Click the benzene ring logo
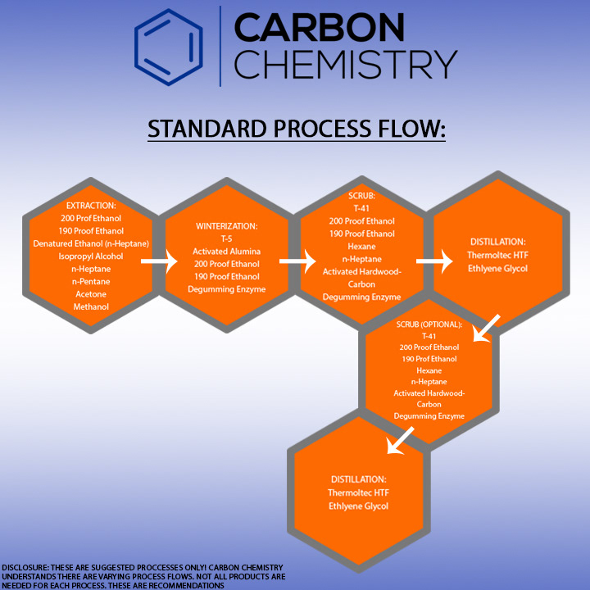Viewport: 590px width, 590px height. (x=169, y=48)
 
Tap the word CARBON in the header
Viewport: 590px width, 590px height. (x=319, y=27)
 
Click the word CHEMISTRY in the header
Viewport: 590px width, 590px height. (x=346, y=65)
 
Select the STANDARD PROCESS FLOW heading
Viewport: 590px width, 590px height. (x=297, y=129)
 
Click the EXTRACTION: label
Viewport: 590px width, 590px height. (x=91, y=206)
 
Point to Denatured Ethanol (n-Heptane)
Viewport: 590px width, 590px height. (x=91, y=243)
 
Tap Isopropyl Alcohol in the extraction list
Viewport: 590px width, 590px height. (x=91, y=256)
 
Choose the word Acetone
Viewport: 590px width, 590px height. (x=91, y=294)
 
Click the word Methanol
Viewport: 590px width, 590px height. (x=91, y=306)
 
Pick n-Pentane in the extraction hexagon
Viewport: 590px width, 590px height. (x=91, y=281)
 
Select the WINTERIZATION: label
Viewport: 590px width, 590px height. (x=226, y=226)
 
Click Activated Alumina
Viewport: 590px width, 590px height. (x=226, y=252)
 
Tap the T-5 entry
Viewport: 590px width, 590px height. (x=226, y=238)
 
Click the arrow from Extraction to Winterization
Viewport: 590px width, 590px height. (x=159, y=261)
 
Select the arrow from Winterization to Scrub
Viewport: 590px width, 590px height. (x=297, y=261)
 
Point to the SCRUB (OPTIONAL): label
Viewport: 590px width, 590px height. (x=429, y=324)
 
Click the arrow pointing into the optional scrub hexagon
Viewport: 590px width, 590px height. (x=486, y=329)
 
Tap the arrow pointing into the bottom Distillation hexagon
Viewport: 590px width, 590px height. (x=401, y=441)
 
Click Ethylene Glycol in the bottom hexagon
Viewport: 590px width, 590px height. (x=358, y=506)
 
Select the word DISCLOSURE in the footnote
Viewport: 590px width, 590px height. (x=25, y=567)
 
